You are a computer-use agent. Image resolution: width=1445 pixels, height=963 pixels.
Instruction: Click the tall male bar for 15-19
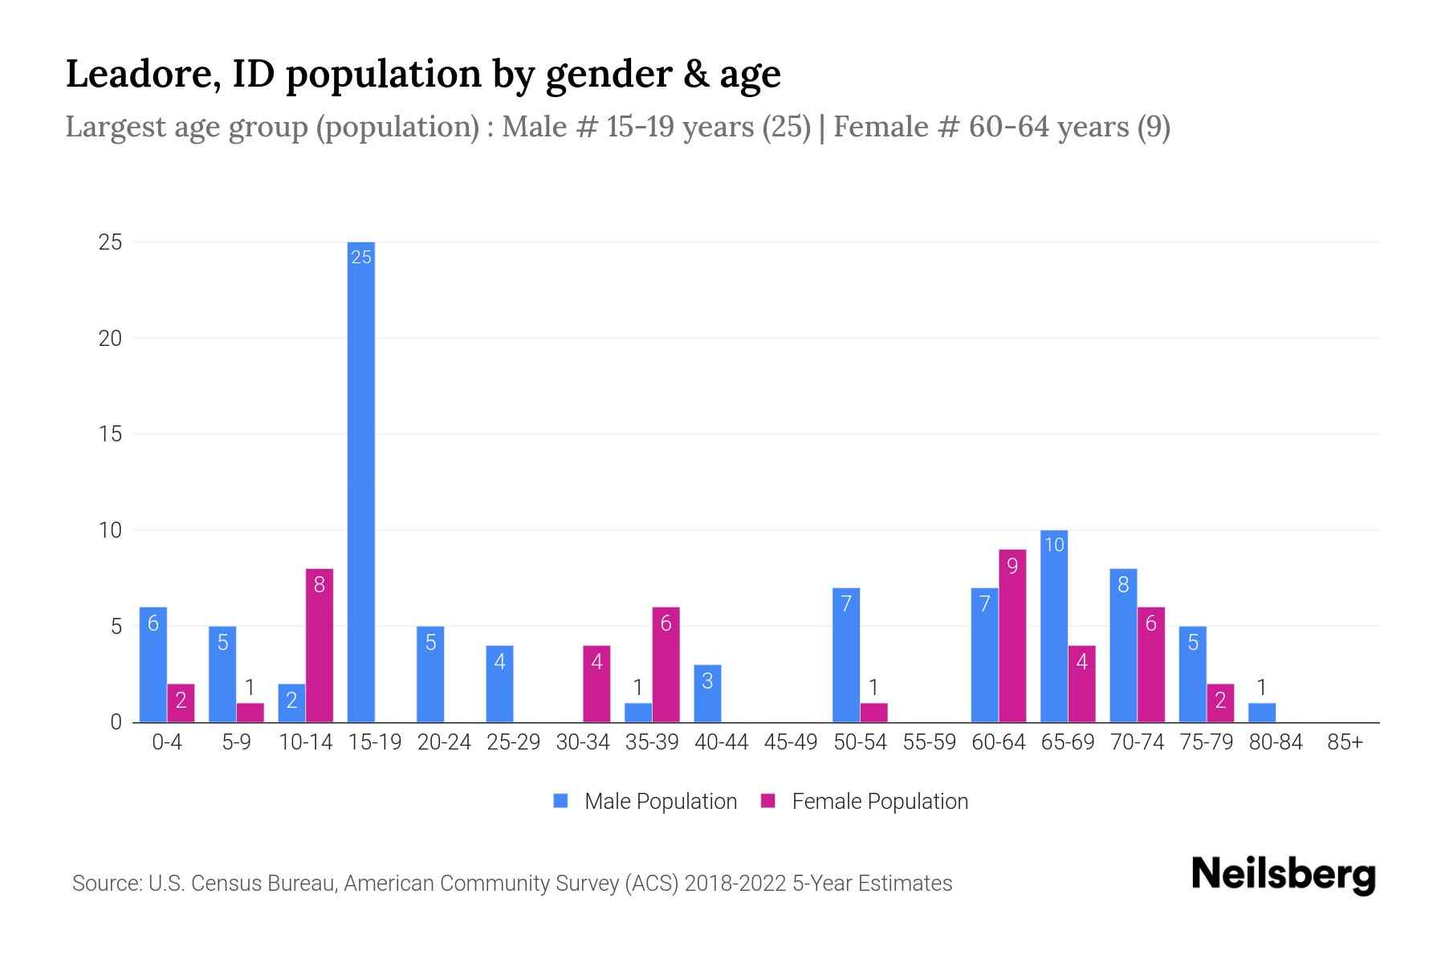point(360,481)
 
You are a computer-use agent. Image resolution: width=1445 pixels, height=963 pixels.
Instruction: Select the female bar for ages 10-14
point(320,646)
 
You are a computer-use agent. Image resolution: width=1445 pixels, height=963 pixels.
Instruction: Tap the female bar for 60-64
point(1012,636)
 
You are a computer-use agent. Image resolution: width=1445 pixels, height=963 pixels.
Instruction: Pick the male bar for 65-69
point(1054,626)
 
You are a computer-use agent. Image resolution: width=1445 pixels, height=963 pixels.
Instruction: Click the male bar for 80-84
point(1262,713)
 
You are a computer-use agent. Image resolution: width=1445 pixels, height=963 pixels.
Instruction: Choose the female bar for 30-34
point(596,684)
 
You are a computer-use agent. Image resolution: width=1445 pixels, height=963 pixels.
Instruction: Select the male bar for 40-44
point(707,693)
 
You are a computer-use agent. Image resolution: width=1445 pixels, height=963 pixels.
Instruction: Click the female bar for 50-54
point(873,713)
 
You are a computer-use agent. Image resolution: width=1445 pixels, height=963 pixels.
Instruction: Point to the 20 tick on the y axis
point(110,339)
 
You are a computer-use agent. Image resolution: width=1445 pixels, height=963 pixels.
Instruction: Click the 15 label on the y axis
point(110,434)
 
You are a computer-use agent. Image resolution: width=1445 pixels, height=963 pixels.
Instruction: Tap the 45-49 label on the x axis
point(791,742)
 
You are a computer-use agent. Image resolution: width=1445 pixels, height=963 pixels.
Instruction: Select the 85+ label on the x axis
point(1345,742)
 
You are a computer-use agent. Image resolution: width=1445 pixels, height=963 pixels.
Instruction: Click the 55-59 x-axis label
point(930,742)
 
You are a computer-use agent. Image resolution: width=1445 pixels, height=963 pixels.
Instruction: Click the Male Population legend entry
point(660,802)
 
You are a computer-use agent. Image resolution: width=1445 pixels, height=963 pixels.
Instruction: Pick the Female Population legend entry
point(879,802)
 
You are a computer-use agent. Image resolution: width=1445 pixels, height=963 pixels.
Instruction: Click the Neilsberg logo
point(1283,875)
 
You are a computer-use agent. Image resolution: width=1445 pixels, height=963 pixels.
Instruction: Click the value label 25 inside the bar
point(361,257)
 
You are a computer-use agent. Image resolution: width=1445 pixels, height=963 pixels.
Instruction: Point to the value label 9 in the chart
point(1012,567)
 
